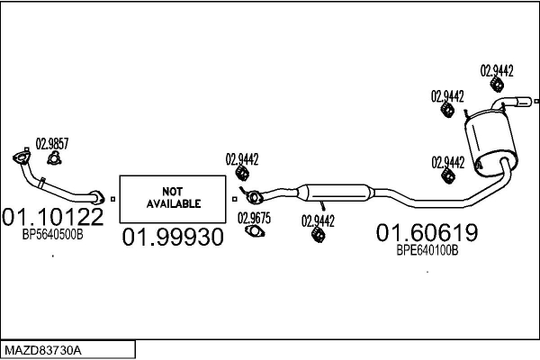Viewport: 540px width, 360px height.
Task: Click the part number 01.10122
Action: pyautogui.click(x=53, y=217)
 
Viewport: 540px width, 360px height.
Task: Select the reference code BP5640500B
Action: pyautogui.click(x=52, y=234)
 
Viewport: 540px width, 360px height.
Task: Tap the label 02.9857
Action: pyautogui.click(x=51, y=141)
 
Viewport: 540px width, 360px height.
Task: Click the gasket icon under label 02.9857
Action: pyautogui.click(x=53, y=158)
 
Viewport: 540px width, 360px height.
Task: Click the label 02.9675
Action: pyautogui.click(x=254, y=217)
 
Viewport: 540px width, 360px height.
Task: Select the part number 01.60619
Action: pyautogui.click(x=427, y=234)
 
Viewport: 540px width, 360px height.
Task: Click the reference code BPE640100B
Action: pyautogui.click(x=427, y=251)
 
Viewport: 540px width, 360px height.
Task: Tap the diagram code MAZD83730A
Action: pyautogui.click(x=42, y=348)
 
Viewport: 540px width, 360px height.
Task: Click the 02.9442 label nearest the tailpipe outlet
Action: pyautogui.click(x=497, y=69)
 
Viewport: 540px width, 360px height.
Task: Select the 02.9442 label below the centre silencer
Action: pyautogui.click(x=318, y=220)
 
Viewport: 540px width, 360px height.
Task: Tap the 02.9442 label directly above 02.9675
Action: pyautogui.click(x=242, y=159)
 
